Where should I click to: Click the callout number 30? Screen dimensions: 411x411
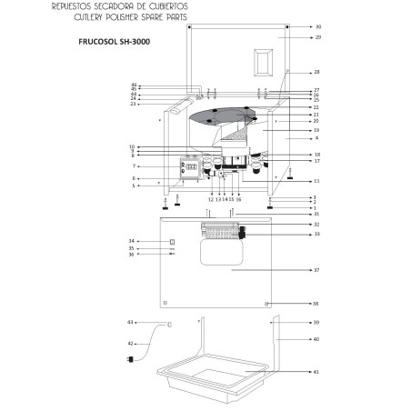[x=317, y=27]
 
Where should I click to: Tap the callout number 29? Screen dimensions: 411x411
[x=317, y=37]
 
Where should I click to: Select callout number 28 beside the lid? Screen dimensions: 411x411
[x=316, y=72]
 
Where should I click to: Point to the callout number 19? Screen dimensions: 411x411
[x=316, y=130]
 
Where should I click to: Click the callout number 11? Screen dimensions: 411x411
[x=316, y=181]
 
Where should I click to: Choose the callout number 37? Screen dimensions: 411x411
[x=316, y=271]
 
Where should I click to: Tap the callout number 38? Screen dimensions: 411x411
[x=316, y=303]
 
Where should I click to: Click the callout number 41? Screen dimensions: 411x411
[x=316, y=372]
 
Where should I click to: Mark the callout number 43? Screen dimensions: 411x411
[x=130, y=323]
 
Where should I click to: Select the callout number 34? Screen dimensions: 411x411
[x=131, y=241]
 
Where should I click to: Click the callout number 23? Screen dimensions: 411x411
[x=133, y=105]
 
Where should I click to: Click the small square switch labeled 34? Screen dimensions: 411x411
[x=172, y=241]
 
